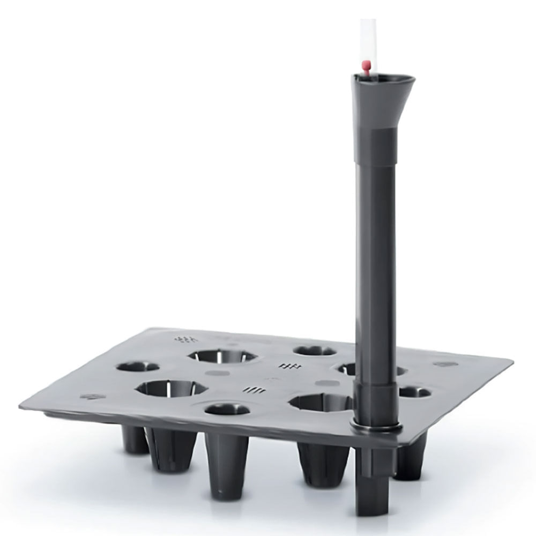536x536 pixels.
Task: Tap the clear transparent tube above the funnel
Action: [x=368, y=38]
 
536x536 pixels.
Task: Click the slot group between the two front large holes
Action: [x=253, y=390]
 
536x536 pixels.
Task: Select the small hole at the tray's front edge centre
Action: [x=227, y=410]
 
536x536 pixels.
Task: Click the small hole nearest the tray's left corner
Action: [x=138, y=367]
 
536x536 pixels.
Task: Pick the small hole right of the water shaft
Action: [x=415, y=392]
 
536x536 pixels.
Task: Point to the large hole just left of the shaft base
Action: [x=317, y=403]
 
